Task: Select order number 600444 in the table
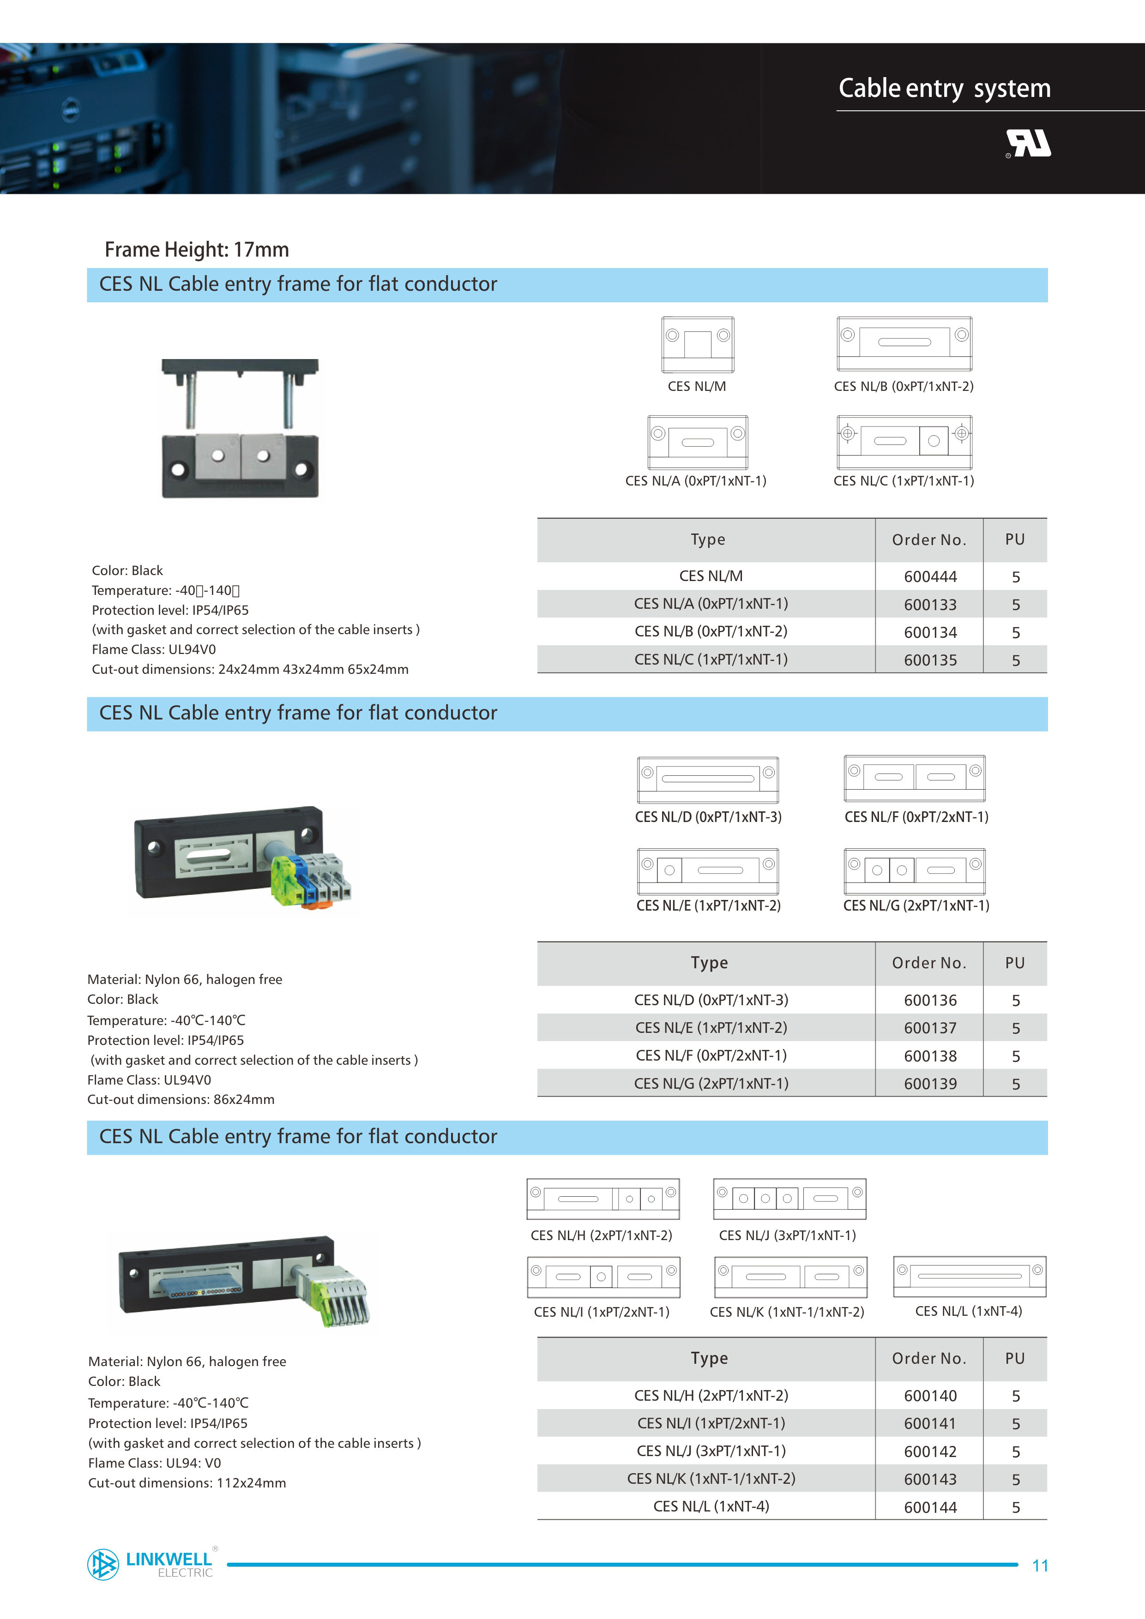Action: coord(930,577)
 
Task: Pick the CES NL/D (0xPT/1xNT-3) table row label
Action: coord(711,1000)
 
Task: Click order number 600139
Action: coord(930,1084)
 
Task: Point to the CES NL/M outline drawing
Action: coord(697,345)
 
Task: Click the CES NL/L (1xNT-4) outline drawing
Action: coord(970,1276)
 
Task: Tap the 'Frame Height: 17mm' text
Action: coord(197,250)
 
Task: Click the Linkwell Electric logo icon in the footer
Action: coord(103,1564)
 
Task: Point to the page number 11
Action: coord(1040,1566)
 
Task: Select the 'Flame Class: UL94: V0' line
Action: coord(155,1463)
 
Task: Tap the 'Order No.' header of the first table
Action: coord(928,540)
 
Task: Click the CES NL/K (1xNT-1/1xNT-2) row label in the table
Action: coord(711,1479)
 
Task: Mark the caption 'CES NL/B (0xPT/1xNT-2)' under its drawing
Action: coord(903,386)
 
